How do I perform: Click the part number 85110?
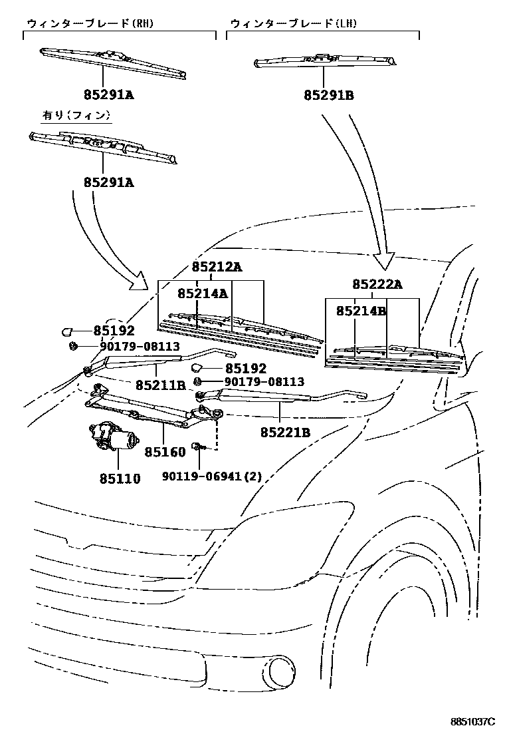[120, 478]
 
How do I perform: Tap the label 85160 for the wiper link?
[165, 452]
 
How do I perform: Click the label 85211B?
[161, 385]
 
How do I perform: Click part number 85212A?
[217, 268]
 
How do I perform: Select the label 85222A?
[377, 285]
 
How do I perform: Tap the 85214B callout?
[361, 311]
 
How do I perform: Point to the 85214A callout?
[203, 293]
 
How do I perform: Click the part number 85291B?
[329, 96]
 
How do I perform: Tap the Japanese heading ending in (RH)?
[90, 23]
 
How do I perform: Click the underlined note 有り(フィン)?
[76, 115]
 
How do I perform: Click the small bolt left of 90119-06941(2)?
[198, 447]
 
